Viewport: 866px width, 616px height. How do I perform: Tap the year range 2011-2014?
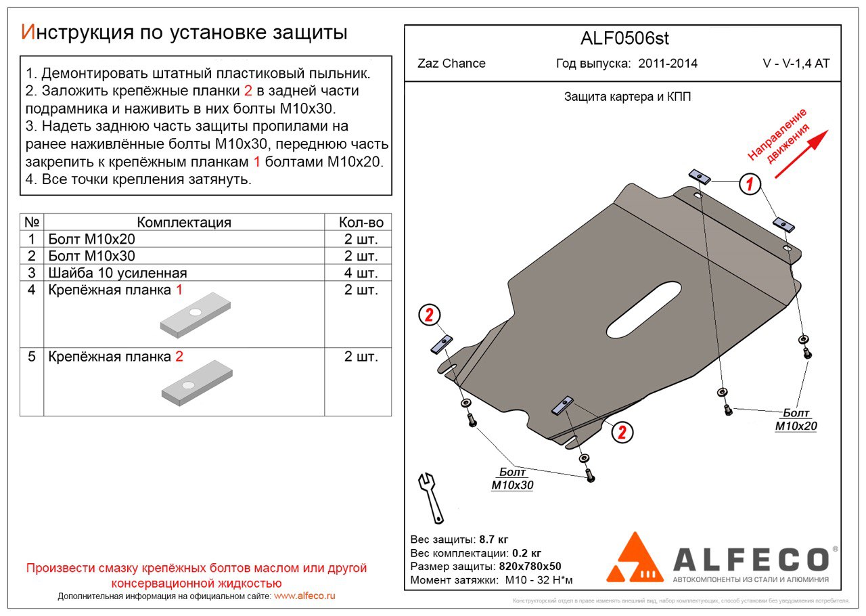click(x=668, y=64)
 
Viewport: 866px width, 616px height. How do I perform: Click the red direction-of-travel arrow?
click(x=801, y=154)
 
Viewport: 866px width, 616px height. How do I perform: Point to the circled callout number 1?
click(x=749, y=183)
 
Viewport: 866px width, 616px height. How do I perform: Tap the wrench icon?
click(x=430, y=497)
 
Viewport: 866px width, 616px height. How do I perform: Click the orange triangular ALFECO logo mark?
click(x=635, y=559)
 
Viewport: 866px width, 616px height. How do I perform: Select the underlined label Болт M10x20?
click(x=796, y=420)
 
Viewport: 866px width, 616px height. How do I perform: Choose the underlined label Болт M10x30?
click(x=512, y=479)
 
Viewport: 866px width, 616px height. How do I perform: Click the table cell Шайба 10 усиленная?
click(x=118, y=273)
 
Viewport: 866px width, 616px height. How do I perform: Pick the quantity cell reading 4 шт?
click(x=361, y=273)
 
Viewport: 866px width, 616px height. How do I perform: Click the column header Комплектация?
click(x=183, y=223)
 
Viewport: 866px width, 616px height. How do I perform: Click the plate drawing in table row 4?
click(x=196, y=315)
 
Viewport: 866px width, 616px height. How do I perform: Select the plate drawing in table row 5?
click(x=196, y=383)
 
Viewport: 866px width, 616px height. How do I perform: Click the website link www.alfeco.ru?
click(x=304, y=596)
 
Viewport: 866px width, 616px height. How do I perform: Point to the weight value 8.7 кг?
click(x=493, y=540)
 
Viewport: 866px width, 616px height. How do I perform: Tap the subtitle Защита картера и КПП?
click(x=627, y=97)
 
